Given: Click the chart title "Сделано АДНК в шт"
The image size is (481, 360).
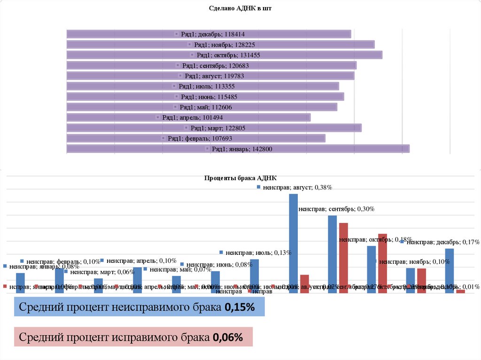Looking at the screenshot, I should (240, 8).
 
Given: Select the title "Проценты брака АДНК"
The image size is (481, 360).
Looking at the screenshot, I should (240, 178).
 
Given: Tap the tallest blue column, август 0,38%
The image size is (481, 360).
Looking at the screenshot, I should (293, 244).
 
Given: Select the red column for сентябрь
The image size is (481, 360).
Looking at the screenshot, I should (343, 258).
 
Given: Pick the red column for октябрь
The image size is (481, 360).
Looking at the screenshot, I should (382, 263).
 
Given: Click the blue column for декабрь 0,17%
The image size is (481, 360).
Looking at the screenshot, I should (449, 271).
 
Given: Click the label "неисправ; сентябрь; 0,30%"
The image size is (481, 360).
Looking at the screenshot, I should (336, 209).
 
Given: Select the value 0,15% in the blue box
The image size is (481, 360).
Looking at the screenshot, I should (240, 308).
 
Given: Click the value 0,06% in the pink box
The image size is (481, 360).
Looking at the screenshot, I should (228, 337).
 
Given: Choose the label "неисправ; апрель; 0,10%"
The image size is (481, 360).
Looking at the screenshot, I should (141, 260).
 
